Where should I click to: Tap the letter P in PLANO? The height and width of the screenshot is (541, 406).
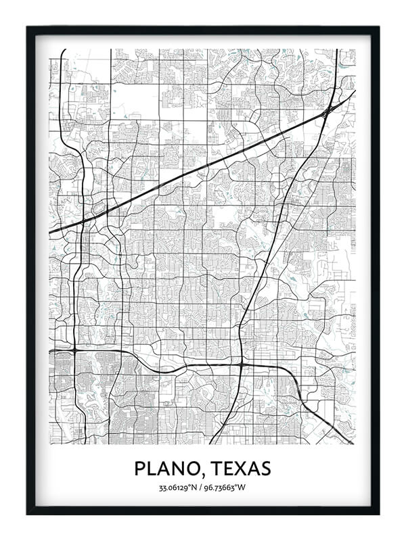[x=140, y=468]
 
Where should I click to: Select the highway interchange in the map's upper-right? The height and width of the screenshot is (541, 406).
[x=328, y=111]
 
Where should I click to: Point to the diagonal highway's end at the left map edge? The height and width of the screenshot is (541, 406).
[x=51, y=233]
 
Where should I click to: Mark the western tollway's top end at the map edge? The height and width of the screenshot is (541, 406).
[x=63, y=50]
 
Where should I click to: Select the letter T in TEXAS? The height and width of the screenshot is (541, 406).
[x=215, y=468]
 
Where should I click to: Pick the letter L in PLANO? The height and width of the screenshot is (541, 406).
[x=154, y=468]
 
